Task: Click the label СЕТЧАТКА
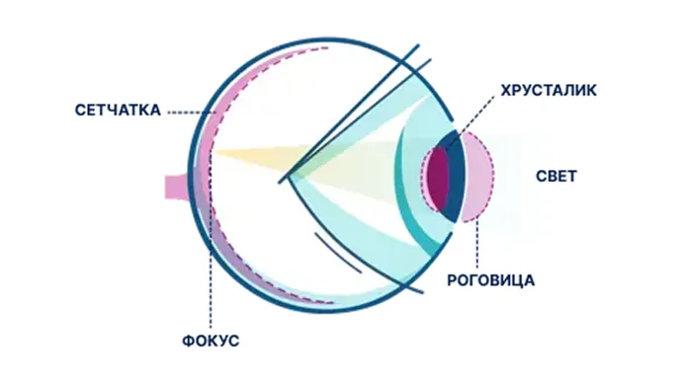pos(118,110)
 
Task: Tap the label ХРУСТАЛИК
pos(549,90)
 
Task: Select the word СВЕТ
pos(556,176)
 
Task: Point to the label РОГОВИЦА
pos(490,280)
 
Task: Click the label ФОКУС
pos(211,341)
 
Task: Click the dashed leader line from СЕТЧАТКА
pos(192,113)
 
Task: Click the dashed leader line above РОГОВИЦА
pos(476,242)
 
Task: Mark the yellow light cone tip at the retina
pos(214,152)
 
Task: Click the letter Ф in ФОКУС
pos(188,341)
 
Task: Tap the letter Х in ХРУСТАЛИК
pos(506,90)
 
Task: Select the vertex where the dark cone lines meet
pos(281,181)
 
